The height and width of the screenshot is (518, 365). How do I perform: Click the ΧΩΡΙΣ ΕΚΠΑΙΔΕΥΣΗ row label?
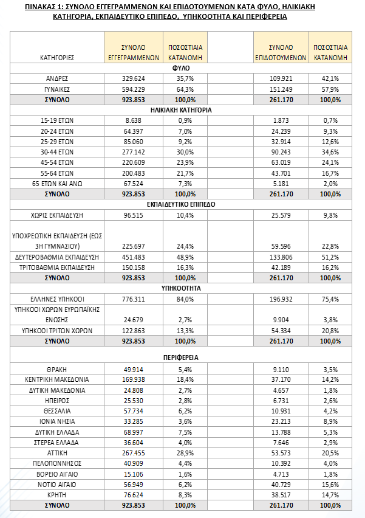pyautogui.click(x=57, y=216)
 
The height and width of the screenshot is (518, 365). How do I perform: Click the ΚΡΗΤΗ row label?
pyautogui.click(x=57, y=495)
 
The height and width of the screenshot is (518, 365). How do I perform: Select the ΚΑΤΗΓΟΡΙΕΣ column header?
pyautogui.click(x=57, y=58)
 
